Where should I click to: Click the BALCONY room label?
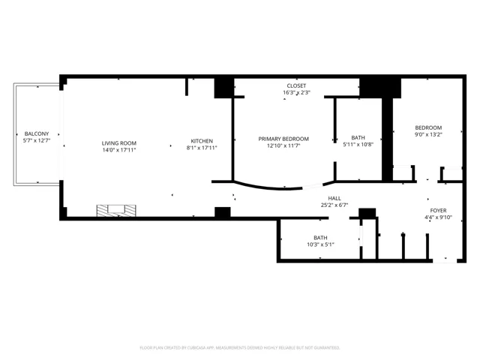pos(37,133)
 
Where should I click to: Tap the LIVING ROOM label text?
pos(119,143)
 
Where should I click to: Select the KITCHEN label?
pos(202,141)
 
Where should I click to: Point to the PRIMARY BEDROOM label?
pos(283,139)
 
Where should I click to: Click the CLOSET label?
pos(296,85)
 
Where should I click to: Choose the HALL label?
pos(334,198)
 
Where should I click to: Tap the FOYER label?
pos(438,211)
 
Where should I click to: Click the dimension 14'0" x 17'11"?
pos(119,150)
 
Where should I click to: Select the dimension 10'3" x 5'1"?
pos(320,244)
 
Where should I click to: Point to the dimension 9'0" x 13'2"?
pos(428,134)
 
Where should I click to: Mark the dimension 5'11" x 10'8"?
pos(358,145)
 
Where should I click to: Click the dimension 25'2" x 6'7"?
pos(334,205)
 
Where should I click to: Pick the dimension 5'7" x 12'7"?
pos(37,140)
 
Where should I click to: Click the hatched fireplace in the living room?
pos(116,211)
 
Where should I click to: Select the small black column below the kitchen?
pos(223,212)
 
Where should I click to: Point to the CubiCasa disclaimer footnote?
pos(240,348)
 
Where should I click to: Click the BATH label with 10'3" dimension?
pos(320,238)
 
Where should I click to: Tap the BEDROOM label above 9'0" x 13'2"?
pos(428,127)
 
